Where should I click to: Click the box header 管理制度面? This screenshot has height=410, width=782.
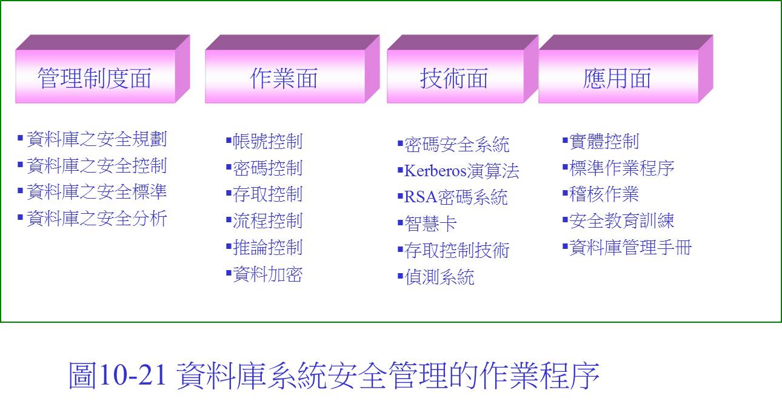(x=102, y=69)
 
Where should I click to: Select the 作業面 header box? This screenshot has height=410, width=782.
(x=292, y=69)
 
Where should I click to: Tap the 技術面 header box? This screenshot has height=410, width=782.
(x=463, y=69)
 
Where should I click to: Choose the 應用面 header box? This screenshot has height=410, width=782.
(x=626, y=69)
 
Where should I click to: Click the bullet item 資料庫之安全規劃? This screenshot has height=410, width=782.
(x=97, y=139)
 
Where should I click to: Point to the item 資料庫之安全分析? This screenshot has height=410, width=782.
(x=97, y=219)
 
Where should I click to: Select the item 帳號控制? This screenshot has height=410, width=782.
(x=267, y=141)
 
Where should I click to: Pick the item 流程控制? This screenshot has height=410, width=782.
(x=267, y=220)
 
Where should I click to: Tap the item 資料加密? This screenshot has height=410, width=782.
(x=267, y=274)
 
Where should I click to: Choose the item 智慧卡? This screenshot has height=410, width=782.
(x=430, y=223)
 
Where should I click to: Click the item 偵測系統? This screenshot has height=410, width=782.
(x=439, y=277)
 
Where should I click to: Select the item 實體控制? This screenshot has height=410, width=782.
(x=604, y=141)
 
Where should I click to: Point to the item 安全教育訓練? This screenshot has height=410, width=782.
(x=621, y=220)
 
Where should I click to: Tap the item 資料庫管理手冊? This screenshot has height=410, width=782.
(x=630, y=247)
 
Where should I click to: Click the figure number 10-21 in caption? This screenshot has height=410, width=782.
(x=132, y=375)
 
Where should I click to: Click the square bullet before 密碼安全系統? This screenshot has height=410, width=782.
(x=400, y=143)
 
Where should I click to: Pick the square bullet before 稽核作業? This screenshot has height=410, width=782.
(x=565, y=193)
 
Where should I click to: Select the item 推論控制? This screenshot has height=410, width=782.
(x=267, y=247)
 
